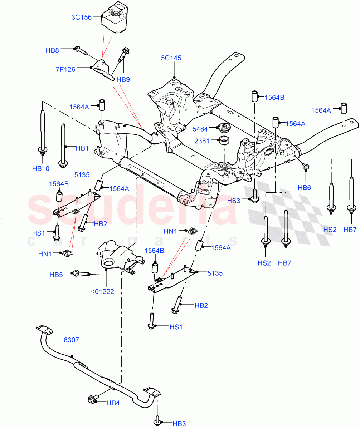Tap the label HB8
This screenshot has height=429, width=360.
(52, 50)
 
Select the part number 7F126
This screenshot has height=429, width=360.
(65, 69)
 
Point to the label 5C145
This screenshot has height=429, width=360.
(171, 58)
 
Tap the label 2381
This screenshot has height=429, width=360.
(201, 141)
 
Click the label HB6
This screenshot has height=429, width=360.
(305, 187)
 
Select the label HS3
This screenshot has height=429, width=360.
(234, 201)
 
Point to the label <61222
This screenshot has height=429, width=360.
(103, 291)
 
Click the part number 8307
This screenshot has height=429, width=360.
(72, 340)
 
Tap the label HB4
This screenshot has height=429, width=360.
(113, 403)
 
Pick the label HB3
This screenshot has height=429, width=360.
(179, 424)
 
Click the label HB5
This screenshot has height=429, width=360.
(56, 275)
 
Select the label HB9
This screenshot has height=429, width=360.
(123, 79)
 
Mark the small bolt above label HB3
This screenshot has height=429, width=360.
(157, 420)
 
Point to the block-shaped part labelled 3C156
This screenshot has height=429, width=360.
(113, 18)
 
